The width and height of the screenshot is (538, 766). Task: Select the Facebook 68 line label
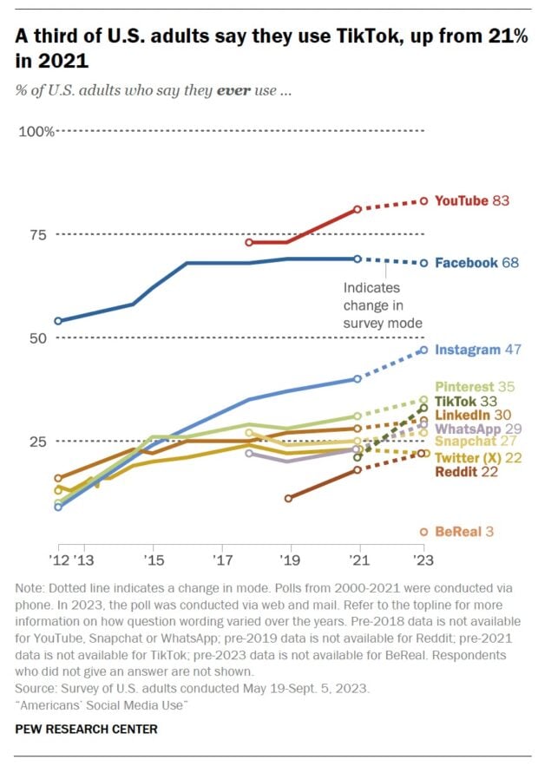pyautogui.click(x=476, y=263)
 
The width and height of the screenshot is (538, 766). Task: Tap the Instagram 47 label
pyautogui.click(x=477, y=350)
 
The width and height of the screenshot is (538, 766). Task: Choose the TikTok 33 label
pyautogui.click(x=471, y=401)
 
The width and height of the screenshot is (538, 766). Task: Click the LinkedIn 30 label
pyautogui.click(x=474, y=416)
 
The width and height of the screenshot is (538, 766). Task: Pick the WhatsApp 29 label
pyautogui.click(x=478, y=429)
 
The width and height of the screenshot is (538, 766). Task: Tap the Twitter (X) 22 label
pyautogui.click(x=478, y=457)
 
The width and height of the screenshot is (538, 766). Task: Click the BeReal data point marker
pyautogui.click(x=423, y=532)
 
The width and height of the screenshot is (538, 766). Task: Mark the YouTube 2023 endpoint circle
pyautogui.click(x=423, y=200)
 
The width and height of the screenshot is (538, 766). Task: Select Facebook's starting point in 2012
pyautogui.click(x=57, y=321)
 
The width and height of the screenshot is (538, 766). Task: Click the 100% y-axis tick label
pyautogui.click(x=37, y=131)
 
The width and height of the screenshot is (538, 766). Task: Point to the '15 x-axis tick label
pyautogui.click(x=152, y=560)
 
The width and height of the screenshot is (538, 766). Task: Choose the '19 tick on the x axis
pyautogui.click(x=288, y=560)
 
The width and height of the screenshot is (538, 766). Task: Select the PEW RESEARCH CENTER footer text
pyautogui.click(x=87, y=730)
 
